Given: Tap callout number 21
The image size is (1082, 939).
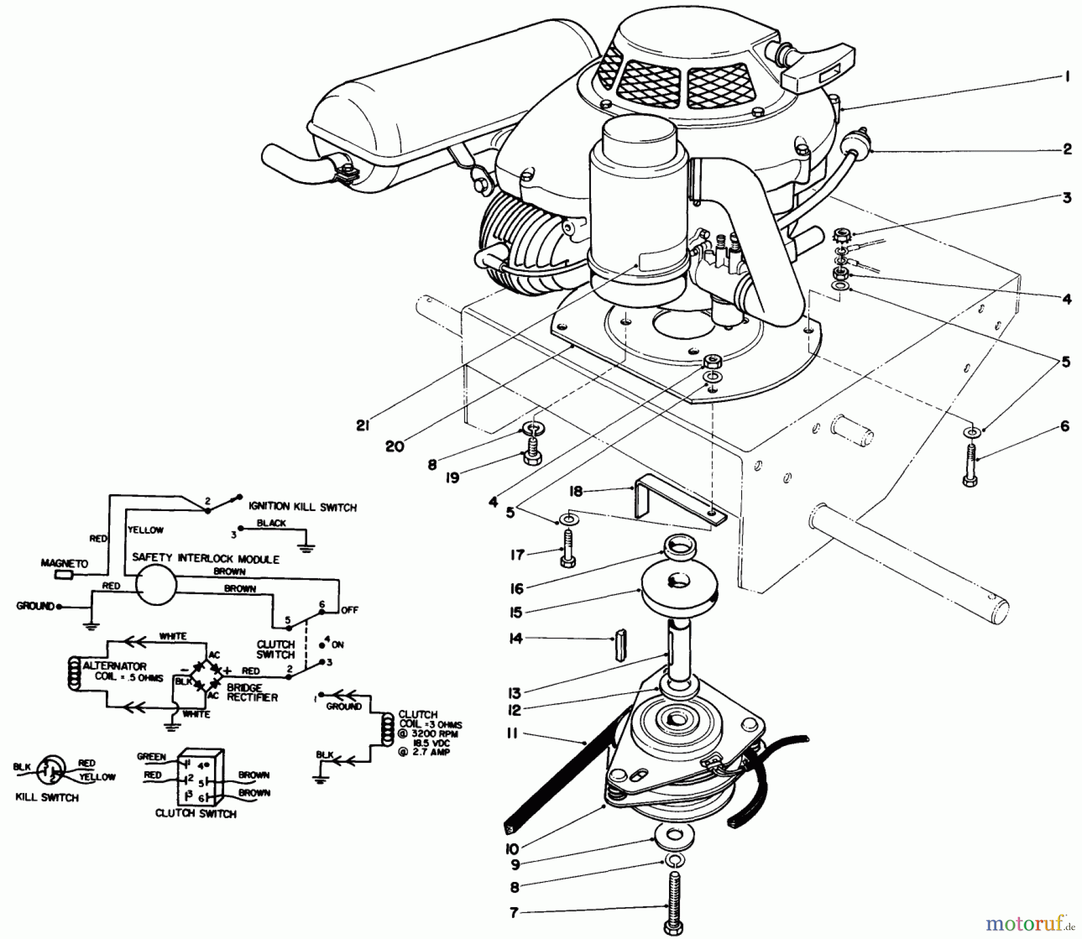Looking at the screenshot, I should tap(362, 425).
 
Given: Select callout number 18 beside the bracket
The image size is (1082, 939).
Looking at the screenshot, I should tap(576, 491).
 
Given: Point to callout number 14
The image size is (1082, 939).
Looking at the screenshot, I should tap(516, 638).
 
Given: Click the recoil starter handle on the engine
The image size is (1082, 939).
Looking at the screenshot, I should tap(818, 66).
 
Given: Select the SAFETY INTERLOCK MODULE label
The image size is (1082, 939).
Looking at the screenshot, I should tap(206, 558).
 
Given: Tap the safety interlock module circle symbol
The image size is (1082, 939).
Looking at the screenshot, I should tap(155, 584).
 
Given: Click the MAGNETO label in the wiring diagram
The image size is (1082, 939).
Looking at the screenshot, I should tap(64, 563).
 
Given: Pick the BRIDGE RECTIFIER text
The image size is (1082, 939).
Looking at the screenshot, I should tap(252, 693).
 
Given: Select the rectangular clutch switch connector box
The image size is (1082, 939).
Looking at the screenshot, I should tap(202, 777).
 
